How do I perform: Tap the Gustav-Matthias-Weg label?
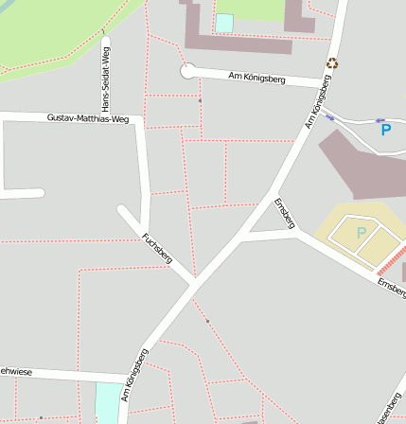tap(87, 118)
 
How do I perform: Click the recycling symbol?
tap(332, 63)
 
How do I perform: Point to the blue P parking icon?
tap(385, 129)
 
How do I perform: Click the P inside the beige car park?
tap(360, 232)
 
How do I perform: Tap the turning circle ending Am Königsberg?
tap(187, 70)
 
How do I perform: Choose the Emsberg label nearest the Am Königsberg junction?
tap(284, 213)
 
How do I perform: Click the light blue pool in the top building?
tap(224, 23)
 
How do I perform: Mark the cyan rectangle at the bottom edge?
tap(108, 403)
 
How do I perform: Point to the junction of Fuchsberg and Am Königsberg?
tap(193, 282)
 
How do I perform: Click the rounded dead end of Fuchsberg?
tap(123, 210)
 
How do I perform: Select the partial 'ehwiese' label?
tap(16, 372)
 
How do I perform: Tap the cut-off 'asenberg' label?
tap(391, 406)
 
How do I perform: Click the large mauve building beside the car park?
tap(364, 166)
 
